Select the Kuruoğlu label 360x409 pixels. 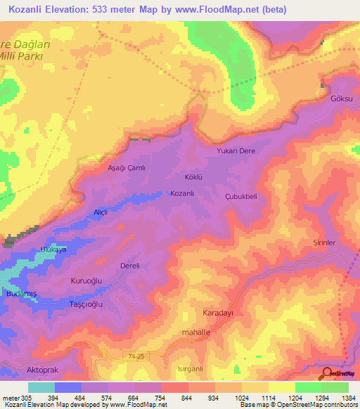tap(87, 280)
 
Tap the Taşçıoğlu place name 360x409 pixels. tap(85, 304)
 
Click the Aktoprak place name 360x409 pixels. tap(19, 369)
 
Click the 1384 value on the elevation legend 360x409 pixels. tap(347, 397)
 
